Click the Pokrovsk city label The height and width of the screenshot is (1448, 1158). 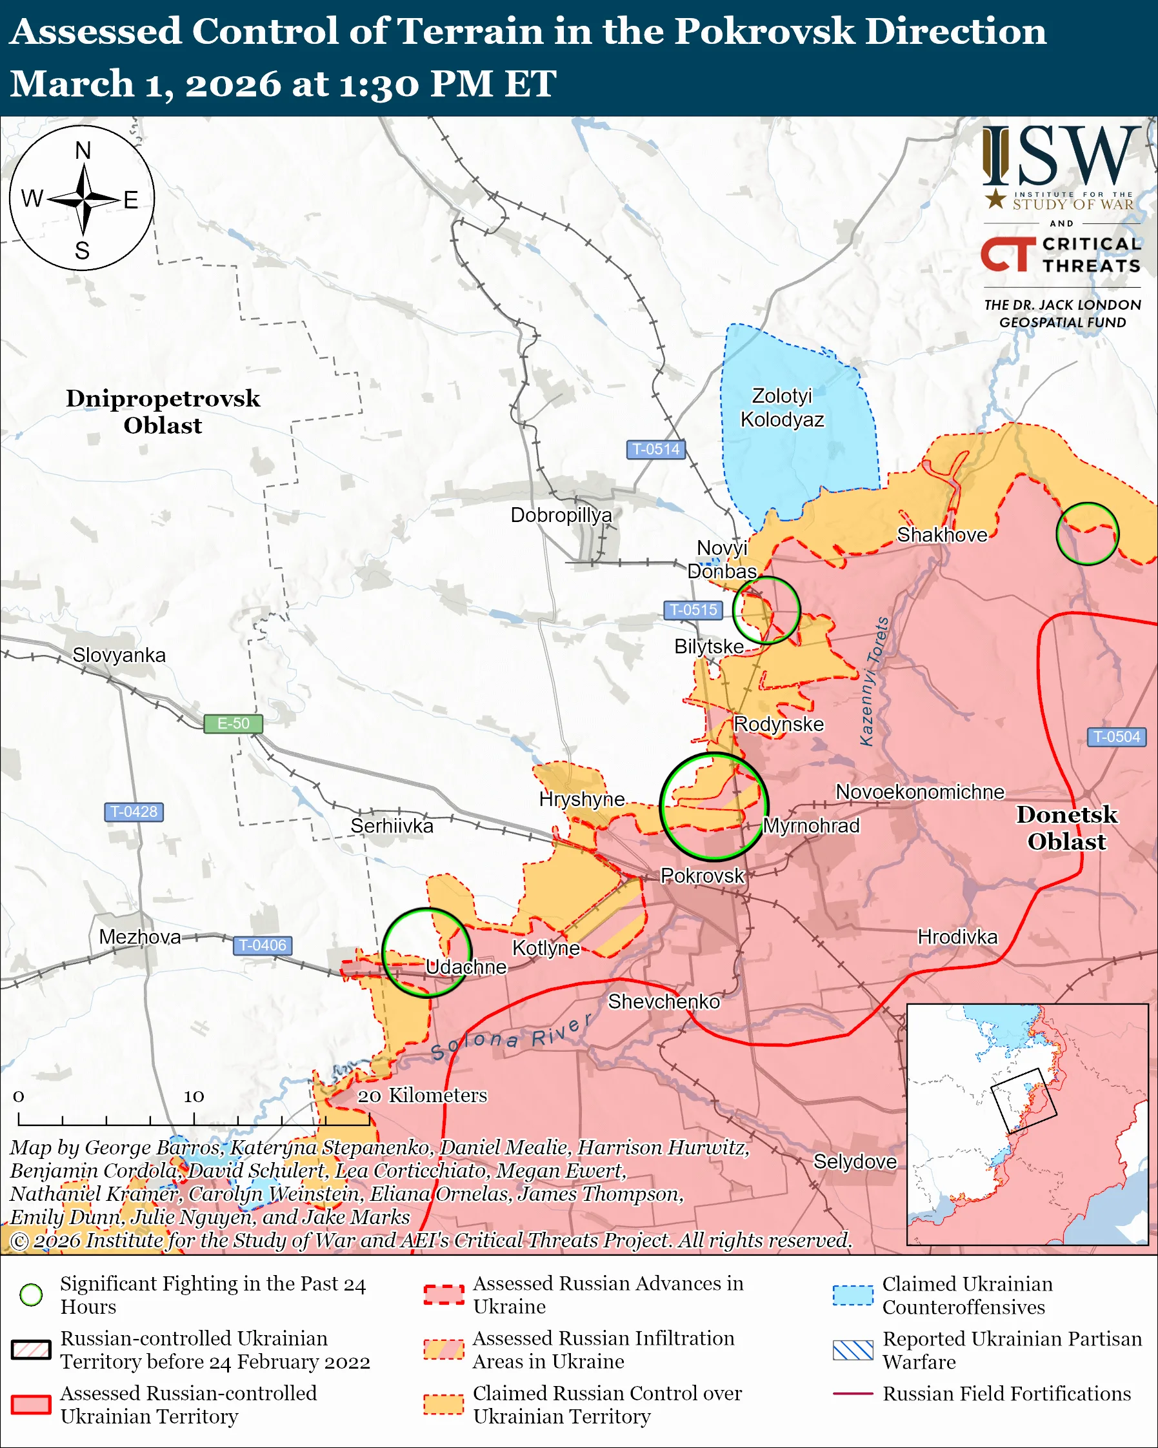[702, 876]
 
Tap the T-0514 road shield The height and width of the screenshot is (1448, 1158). [655, 449]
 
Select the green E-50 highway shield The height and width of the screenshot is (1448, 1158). [233, 723]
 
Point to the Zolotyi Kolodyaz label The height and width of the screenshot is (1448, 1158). [782, 408]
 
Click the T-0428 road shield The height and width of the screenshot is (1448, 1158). [134, 812]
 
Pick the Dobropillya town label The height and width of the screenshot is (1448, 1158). [561, 515]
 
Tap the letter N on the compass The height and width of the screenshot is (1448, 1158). [83, 150]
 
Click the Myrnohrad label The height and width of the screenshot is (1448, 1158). [811, 825]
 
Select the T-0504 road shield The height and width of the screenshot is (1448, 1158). [1116, 737]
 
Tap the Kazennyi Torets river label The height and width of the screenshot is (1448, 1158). [874, 681]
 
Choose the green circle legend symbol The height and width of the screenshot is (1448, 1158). [32, 1295]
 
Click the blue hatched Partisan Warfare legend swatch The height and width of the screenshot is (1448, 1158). [853, 1350]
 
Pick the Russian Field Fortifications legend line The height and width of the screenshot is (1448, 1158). [853, 1394]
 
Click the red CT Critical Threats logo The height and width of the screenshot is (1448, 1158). [1008, 254]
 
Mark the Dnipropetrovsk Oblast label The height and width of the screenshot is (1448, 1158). [163, 412]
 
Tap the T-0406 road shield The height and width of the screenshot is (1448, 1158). [262, 945]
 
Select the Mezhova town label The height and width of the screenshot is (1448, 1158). [139, 937]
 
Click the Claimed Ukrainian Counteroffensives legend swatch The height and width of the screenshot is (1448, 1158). [853, 1295]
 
